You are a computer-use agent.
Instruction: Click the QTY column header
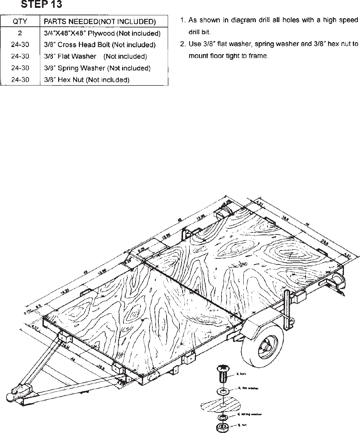(20, 22)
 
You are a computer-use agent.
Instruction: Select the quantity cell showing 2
(20, 33)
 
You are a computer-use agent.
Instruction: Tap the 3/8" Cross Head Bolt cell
(100, 45)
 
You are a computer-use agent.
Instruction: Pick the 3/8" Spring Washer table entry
(97, 68)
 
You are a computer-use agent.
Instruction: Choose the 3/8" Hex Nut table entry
(86, 79)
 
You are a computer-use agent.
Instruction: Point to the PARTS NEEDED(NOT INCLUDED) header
(100, 22)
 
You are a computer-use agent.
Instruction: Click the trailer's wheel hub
(265, 345)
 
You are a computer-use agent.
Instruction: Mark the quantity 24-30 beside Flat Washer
(20, 56)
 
